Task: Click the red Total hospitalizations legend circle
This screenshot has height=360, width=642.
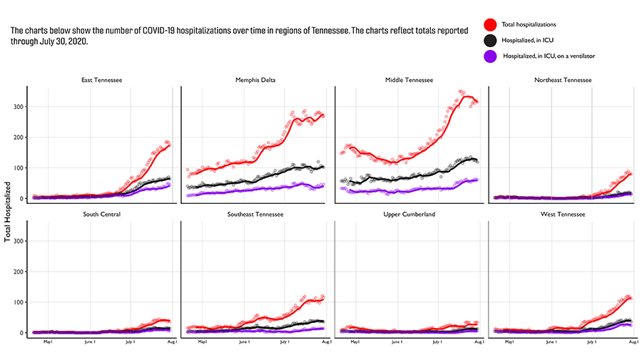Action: point(490,25)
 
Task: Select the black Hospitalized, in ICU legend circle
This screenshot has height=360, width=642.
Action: point(490,41)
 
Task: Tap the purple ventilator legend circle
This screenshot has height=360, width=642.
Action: point(490,56)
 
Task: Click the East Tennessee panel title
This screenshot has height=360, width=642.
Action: point(101,80)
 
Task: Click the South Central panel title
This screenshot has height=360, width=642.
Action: point(101,214)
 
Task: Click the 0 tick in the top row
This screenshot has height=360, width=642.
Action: point(21,198)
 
